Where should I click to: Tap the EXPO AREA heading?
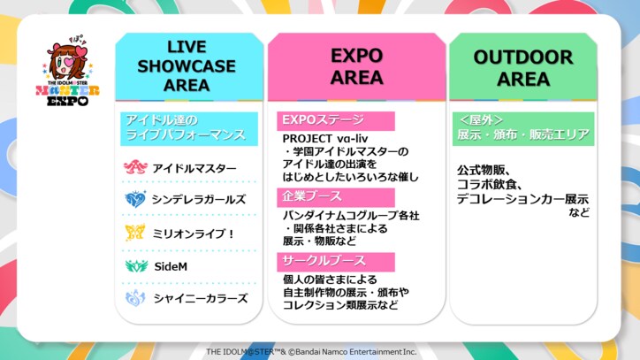[356, 65]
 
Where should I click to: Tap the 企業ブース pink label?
[311, 195]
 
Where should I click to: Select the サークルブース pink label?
[323, 260]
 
